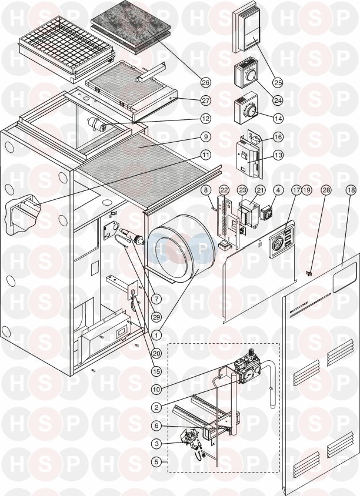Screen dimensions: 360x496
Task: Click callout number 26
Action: click(206, 82)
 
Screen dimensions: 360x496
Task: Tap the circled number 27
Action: click(206, 100)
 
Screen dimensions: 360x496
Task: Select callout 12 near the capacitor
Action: click(206, 119)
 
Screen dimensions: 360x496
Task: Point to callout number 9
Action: click(206, 137)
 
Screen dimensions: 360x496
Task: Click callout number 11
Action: click(206, 155)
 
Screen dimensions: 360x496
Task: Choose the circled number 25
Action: click(278, 82)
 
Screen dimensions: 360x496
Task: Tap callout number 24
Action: click(278, 100)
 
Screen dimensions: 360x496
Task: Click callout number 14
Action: click(278, 119)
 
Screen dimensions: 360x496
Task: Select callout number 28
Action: click(326, 190)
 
